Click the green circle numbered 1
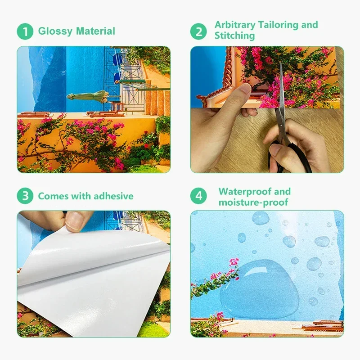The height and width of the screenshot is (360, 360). pos(25,31)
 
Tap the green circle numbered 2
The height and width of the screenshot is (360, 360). pos(198,31)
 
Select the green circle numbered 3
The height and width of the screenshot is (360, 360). pos(25,196)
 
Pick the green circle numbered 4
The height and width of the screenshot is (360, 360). pos(198,196)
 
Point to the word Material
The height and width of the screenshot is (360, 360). pos(95,31)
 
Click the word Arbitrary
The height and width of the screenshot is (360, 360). pos(235,25)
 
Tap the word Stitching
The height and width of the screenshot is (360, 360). pos(234,36)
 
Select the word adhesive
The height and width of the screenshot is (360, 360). pos(114,196)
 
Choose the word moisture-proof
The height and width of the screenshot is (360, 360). pos(253,202)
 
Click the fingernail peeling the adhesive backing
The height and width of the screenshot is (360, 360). pos(74,220)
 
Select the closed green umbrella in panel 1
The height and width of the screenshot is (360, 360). pos(88,95)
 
